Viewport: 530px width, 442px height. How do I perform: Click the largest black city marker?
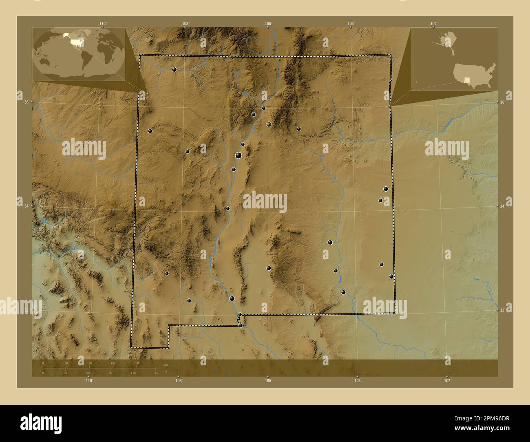238,155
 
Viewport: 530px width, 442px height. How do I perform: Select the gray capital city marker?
269,124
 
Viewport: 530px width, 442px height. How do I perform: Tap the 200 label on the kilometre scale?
136,363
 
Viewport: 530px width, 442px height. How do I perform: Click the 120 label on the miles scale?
133,373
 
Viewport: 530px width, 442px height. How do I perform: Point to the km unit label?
165,365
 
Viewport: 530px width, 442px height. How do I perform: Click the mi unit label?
165,371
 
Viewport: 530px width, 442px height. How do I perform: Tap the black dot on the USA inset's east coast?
490,74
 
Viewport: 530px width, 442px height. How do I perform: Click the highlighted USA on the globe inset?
76,41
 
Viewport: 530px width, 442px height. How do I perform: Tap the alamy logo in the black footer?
41,423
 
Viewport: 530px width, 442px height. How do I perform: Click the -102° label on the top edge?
433,24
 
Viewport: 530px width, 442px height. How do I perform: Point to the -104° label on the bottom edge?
357,380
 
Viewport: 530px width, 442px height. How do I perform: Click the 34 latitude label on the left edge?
26,206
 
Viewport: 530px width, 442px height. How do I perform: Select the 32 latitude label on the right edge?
502,310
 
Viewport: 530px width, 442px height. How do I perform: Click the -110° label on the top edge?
102,24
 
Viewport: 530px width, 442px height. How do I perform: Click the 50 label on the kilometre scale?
66,363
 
